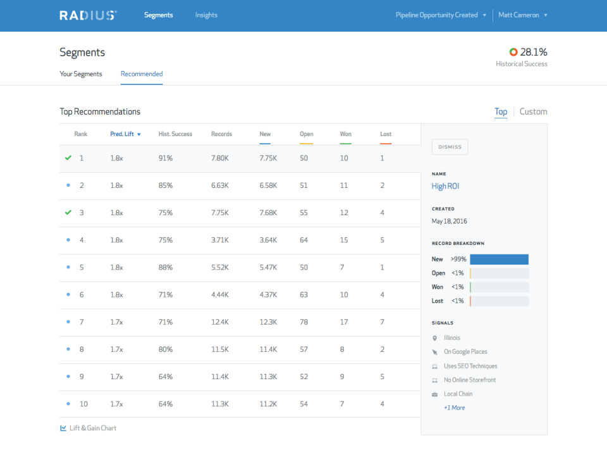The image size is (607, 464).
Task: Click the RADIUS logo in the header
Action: (x=88, y=15)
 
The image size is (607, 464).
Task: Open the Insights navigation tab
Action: (x=206, y=15)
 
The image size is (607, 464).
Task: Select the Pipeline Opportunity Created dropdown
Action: (x=441, y=15)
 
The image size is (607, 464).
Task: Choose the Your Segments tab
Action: (x=81, y=74)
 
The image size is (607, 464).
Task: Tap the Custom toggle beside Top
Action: (x=533, y=112)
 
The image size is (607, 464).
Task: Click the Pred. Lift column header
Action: (x=125, y=134)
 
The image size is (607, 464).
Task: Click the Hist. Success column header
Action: (x=175, y=134)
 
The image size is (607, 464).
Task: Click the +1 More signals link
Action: (x=454, y=408)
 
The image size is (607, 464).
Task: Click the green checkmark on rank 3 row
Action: (x=68, y=213)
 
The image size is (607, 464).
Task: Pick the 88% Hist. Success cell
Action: (x=166, y=267)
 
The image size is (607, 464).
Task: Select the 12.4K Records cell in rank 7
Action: (x=220, y=322)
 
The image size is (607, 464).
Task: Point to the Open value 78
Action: (x=304, y=322)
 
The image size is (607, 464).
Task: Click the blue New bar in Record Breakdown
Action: (x=499, y=260)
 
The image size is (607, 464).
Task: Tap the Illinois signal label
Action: (x=452, y=338)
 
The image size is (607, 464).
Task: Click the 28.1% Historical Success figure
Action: (x=533, y=52)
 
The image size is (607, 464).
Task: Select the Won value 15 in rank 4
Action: (x=344, y=240)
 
